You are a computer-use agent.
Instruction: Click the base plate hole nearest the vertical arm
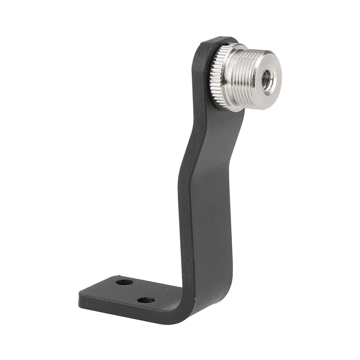(146, 300)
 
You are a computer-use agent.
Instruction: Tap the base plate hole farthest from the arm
(124, 282)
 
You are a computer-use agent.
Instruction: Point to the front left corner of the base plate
(80, 297)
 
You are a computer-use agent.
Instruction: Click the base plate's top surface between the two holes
(135, 291)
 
